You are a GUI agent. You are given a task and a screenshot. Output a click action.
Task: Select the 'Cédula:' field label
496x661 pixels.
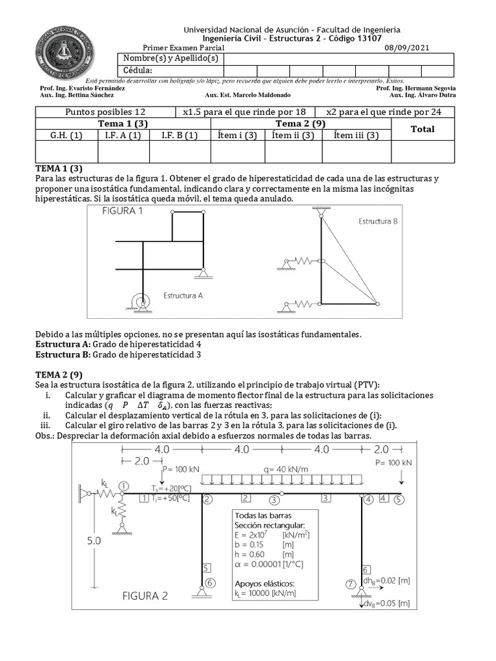point(138,70)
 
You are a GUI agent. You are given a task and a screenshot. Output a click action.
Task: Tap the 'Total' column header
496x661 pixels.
point(422,129)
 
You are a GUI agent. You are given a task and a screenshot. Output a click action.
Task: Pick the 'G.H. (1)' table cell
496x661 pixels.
point(67,136)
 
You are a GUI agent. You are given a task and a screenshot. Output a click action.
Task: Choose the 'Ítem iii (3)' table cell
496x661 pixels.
point(356,136)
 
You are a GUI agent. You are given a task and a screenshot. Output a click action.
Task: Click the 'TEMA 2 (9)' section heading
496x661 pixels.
point(59,374)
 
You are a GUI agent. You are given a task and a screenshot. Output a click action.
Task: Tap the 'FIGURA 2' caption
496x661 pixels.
point(145,596)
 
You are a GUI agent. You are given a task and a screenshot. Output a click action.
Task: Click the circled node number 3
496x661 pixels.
point(274,500)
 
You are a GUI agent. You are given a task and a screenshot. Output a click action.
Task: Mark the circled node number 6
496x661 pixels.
point(210,583)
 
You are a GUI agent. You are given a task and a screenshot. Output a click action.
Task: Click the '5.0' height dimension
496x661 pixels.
point(95,542)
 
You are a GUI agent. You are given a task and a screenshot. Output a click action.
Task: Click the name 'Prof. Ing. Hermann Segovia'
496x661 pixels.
point(416,88)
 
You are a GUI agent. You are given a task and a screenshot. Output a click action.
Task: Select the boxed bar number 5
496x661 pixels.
point(206,569)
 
